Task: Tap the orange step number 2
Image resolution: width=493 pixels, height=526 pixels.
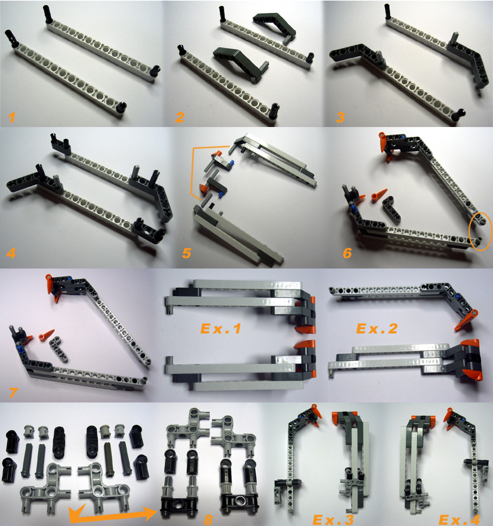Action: click(x=181, y=118)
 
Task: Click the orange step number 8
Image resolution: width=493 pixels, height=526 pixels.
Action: click(x=209, y=518)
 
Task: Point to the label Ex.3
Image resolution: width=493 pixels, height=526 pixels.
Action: click(x=334, y=518)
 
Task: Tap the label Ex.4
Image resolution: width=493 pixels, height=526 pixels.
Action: click(x=459, y=518)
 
